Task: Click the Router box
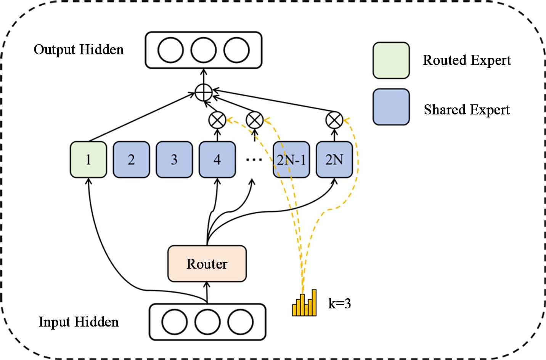(x=207, y=264)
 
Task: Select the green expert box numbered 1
(x=88, y=159)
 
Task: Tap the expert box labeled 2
(x=131, y=159)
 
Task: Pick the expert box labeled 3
(x=174, y=159)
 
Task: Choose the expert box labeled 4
(x=217, y=159)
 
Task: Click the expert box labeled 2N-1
(x=291, y=159)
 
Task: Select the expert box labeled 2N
(x=334, y=159)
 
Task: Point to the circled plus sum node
(x=203, y=92)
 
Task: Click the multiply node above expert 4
(x=217, y=120)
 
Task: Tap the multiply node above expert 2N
(x=334, y=120)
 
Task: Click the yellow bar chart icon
(x=304, y=303)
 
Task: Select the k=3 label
(x=339, y=304)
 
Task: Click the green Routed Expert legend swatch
(x=391, y=61)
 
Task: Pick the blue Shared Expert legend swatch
(x=391, y=107)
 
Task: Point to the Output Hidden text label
(x=79, y=50)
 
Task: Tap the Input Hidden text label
(x=79, y=322)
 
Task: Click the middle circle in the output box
(x=203, y=50)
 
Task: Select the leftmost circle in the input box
(x=174, y=322)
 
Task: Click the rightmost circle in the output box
(x=236, y=50)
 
